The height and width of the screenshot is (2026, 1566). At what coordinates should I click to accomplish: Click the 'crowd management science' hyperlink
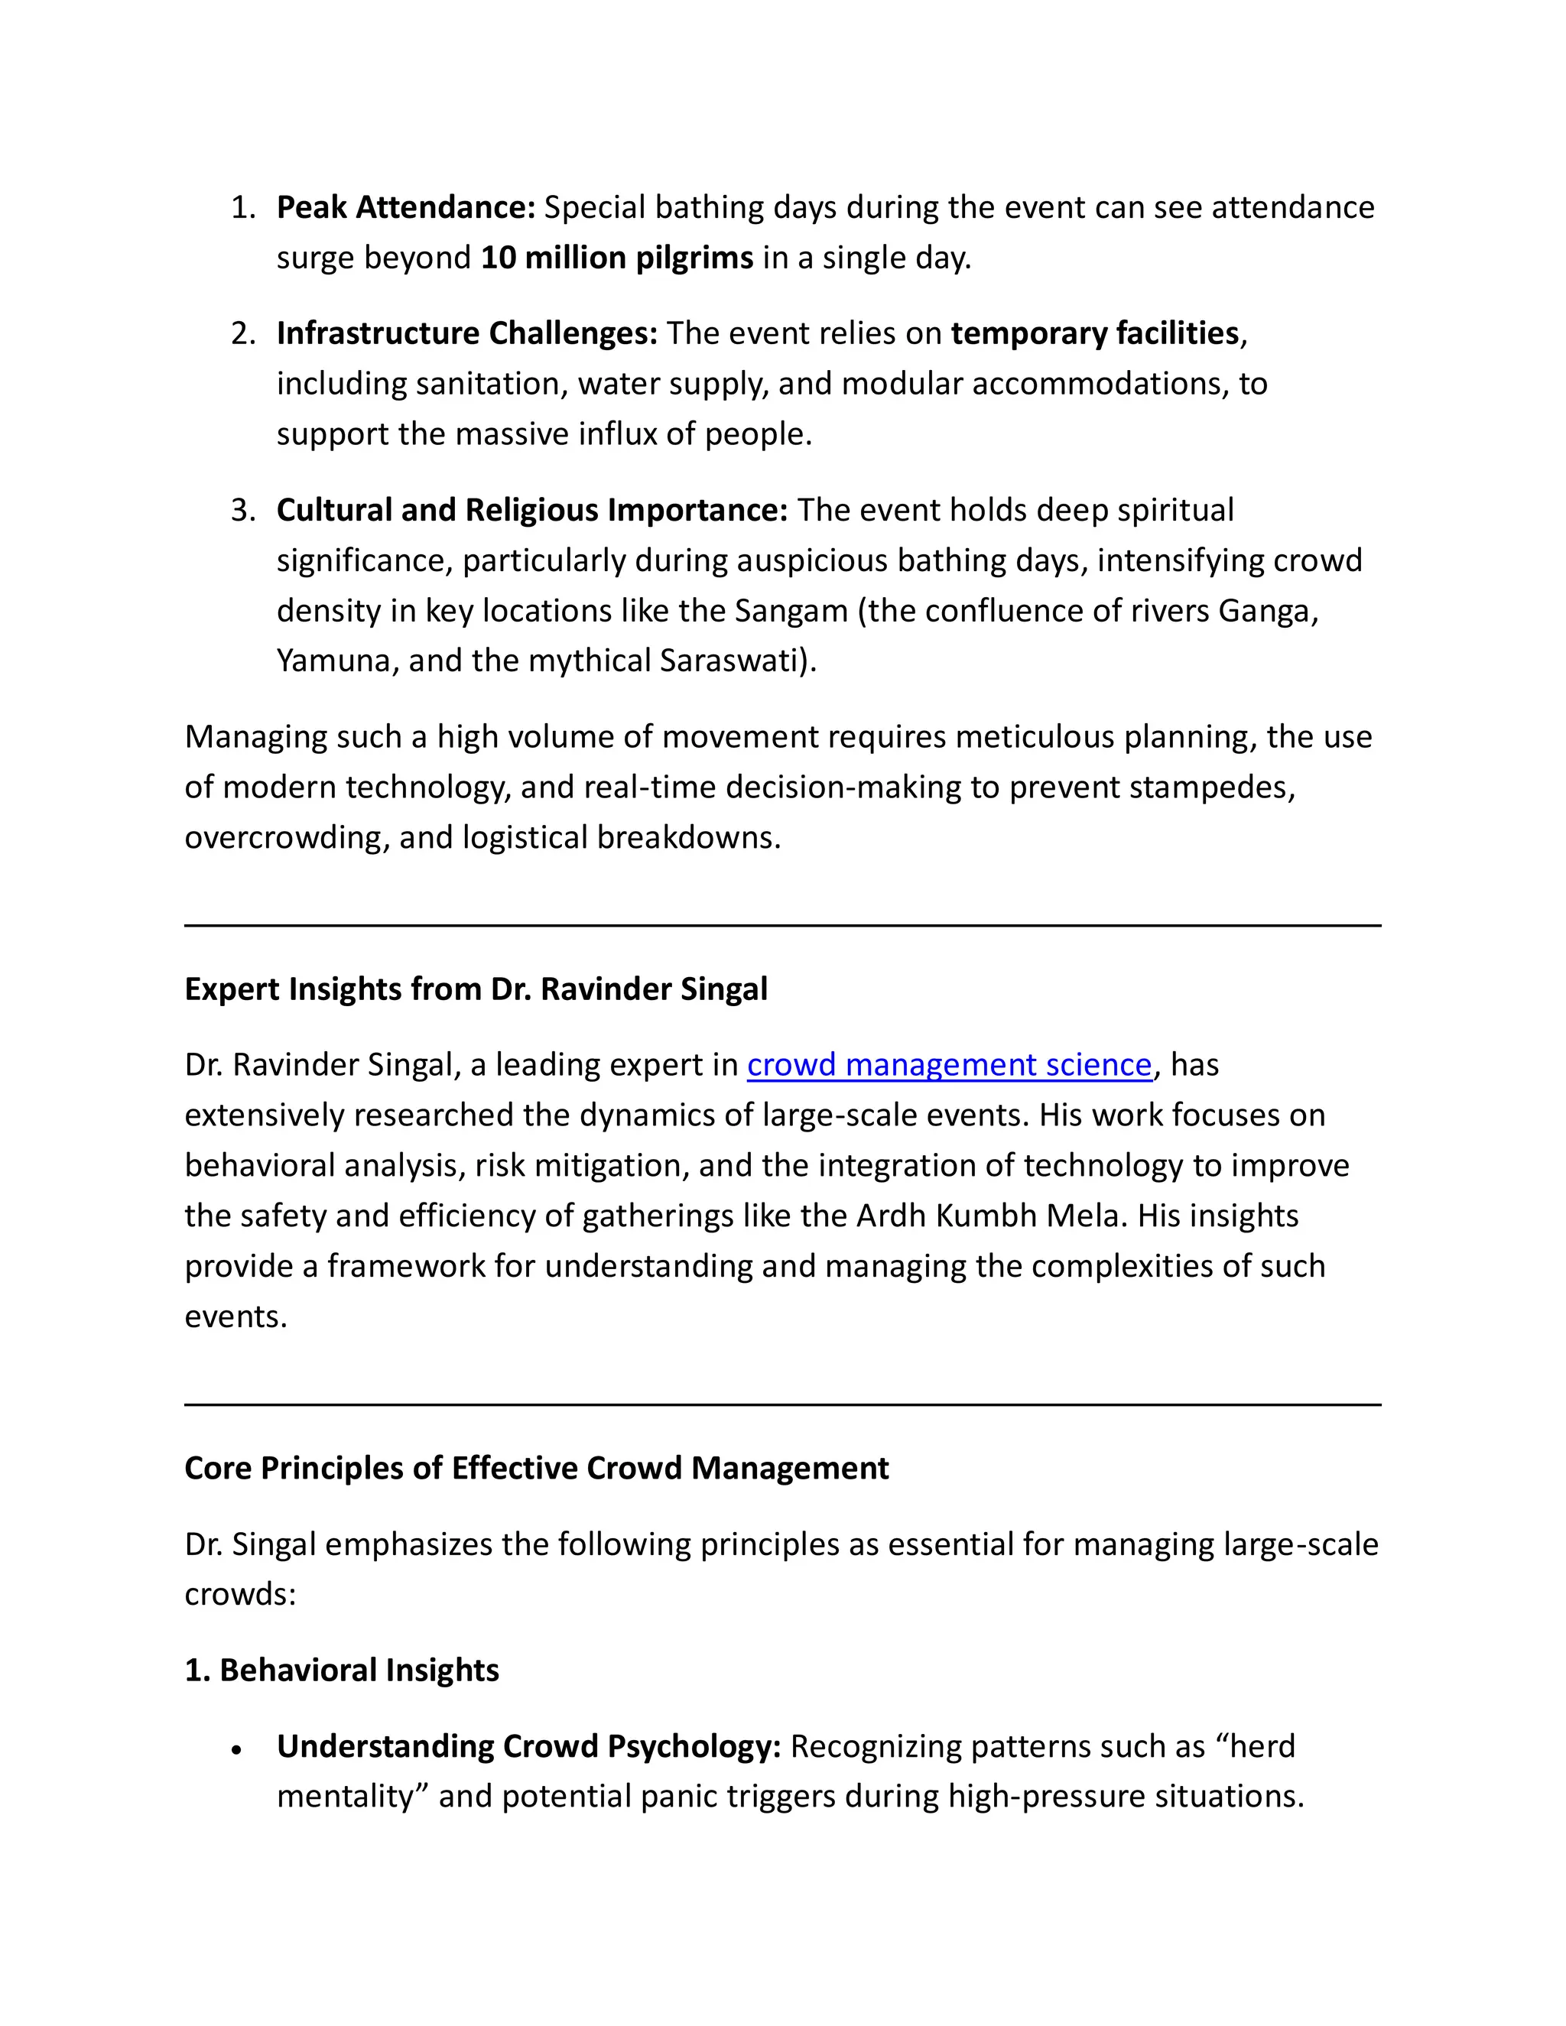[x=948, y=1065]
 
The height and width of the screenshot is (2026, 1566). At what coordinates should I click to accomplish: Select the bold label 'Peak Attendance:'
[x=405, y=208]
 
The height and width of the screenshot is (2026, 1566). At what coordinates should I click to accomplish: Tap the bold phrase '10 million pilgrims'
[x=616, y=258]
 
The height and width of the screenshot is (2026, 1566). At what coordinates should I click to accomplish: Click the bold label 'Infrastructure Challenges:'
[x=466, y=334]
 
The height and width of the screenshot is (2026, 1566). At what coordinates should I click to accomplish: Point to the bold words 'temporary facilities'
[x=1095, y=334]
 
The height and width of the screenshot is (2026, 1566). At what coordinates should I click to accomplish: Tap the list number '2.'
[x=243, y=334]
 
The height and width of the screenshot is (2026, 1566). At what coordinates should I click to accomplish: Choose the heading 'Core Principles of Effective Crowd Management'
[x=536, y=1469]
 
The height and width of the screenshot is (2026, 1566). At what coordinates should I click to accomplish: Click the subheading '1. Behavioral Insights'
[x=341, y=1670]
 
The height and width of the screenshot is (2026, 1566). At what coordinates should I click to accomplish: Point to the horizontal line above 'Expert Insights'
[x=782, y=925]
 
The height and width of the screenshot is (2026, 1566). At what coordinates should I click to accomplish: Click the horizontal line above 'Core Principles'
[x=782, y=1404]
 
